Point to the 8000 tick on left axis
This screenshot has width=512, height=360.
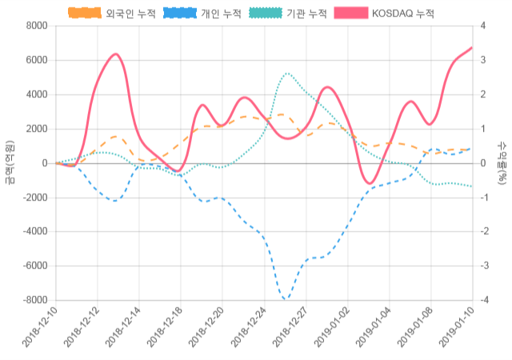click(36, 26)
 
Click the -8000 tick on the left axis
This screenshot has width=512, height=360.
click(34, 300)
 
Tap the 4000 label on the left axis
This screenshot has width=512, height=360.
click(36, 94)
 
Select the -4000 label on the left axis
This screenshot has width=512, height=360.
click(34, 232)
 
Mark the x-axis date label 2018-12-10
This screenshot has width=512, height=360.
click(39, 329)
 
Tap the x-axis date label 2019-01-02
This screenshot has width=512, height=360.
click(332, 329)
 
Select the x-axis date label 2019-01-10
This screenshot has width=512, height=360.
click(458, 329)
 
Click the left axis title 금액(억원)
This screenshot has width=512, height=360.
click(10, 162)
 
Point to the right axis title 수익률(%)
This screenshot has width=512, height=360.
click(502, 162)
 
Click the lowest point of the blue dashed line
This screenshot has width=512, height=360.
click(286, 300)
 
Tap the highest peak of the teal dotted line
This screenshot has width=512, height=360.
click(287, 74)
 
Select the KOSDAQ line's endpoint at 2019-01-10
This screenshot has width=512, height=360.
click(472, 47)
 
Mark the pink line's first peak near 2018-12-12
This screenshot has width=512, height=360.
click(116, 54)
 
